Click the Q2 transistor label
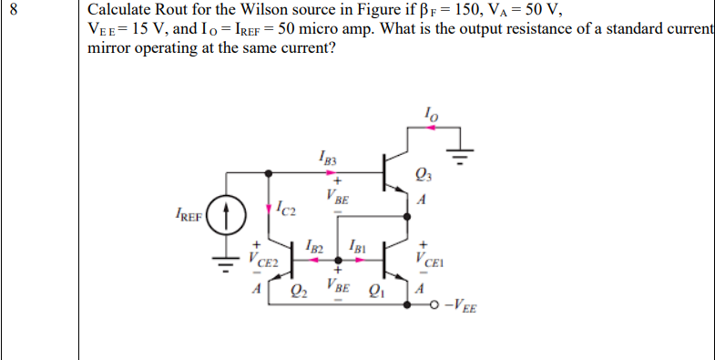(x=298, y=293)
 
